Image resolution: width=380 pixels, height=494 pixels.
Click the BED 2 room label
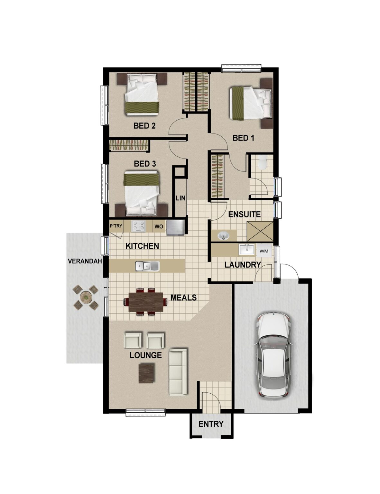144,126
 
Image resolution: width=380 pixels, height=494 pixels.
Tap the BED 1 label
243,138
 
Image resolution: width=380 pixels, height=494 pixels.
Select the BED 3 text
145,164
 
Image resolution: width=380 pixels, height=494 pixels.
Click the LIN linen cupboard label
181,198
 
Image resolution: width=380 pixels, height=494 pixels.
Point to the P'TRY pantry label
116,226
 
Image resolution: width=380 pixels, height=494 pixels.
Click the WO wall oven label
159,226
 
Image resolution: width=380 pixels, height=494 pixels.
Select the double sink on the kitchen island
147,266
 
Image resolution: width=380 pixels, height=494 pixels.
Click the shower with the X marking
260,231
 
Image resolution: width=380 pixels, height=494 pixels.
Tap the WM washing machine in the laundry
264,251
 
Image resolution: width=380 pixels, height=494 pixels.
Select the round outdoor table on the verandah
86,297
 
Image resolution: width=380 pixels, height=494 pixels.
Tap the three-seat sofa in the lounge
178,371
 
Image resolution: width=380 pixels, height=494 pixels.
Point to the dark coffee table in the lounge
146,373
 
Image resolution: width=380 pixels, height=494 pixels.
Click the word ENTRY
211,424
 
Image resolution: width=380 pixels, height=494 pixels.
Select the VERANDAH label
85,261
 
